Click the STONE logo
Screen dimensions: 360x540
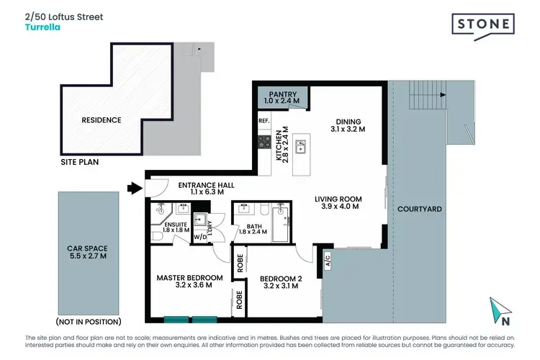pyautogui.click(x=483, y=24)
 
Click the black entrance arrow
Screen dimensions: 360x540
pyautogui.click(x=134, y=189)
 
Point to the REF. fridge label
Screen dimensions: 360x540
pyautogui.click(x=264, y=122)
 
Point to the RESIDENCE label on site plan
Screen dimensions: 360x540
pyautogui.click(x=101, y=120)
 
